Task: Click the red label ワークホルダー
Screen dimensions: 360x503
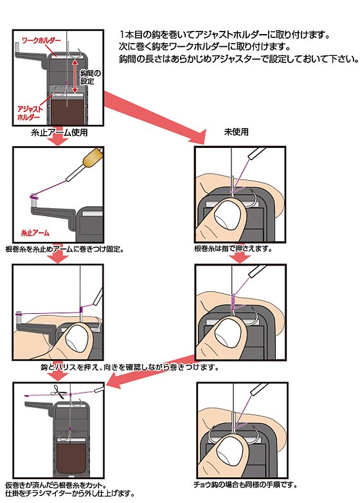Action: pos(41,41)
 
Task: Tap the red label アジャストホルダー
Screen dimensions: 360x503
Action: pos(30,113)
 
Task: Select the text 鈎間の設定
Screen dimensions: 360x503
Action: pos(90,77)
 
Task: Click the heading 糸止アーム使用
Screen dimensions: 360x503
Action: pos(59,133)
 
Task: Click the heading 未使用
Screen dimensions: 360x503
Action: pos(237,132)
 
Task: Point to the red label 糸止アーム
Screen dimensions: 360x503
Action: pos(35,233)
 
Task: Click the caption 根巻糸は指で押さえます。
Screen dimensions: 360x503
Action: pos(233,249)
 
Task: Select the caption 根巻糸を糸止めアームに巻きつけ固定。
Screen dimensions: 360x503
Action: pos(65,249)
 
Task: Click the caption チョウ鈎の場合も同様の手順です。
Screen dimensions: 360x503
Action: pos(245,485)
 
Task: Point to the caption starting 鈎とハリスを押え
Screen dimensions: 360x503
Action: pos(129,367)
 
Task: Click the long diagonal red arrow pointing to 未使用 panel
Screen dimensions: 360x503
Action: pos(156,117)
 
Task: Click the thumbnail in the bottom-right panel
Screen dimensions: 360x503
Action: pos(229,453)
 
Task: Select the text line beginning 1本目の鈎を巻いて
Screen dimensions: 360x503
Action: pos(224,34)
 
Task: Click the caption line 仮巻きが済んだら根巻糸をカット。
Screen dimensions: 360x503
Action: pos(56,485)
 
